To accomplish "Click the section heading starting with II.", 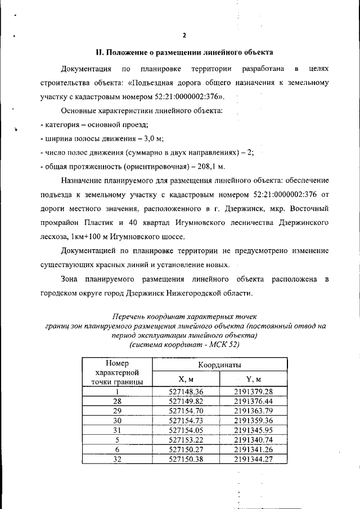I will pyautogui.click(x=184, y=53).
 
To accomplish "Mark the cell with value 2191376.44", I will pyautogui.click(x=254, y=401).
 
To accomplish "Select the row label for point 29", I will pyautogui.click(x=117, y=411).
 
